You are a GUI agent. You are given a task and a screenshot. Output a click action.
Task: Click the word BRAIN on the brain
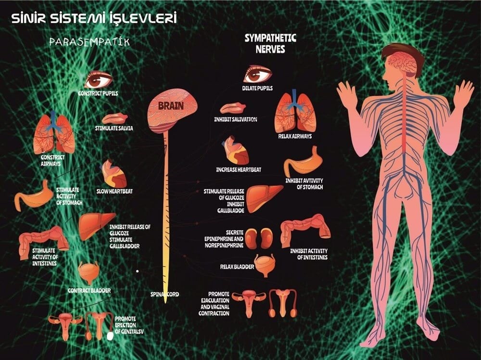click(171, 106)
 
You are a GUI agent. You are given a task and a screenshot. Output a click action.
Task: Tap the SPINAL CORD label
click(165, 294)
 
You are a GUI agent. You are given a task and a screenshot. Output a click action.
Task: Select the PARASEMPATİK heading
click(89, 42)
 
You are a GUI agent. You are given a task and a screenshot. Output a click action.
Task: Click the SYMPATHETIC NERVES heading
click(270, 44)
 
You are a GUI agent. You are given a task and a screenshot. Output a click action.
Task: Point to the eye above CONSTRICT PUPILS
click(99, 80)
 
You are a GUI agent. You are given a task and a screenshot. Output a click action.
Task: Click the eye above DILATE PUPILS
click(257, 74)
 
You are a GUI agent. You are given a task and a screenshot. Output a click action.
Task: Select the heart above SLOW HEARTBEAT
click(114, 174)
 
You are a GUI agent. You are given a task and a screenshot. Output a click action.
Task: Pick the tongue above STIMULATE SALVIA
click(115, 118)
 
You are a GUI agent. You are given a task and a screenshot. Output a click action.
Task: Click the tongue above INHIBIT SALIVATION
click(233, 108)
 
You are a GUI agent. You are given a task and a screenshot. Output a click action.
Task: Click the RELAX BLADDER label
click(237, 267)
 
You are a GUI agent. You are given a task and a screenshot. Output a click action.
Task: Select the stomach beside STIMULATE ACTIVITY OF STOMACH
click(34, 196)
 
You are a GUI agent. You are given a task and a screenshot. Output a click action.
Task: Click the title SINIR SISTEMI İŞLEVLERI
click(94, 18)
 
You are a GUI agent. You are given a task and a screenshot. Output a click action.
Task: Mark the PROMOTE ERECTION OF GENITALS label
click(129, 325)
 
